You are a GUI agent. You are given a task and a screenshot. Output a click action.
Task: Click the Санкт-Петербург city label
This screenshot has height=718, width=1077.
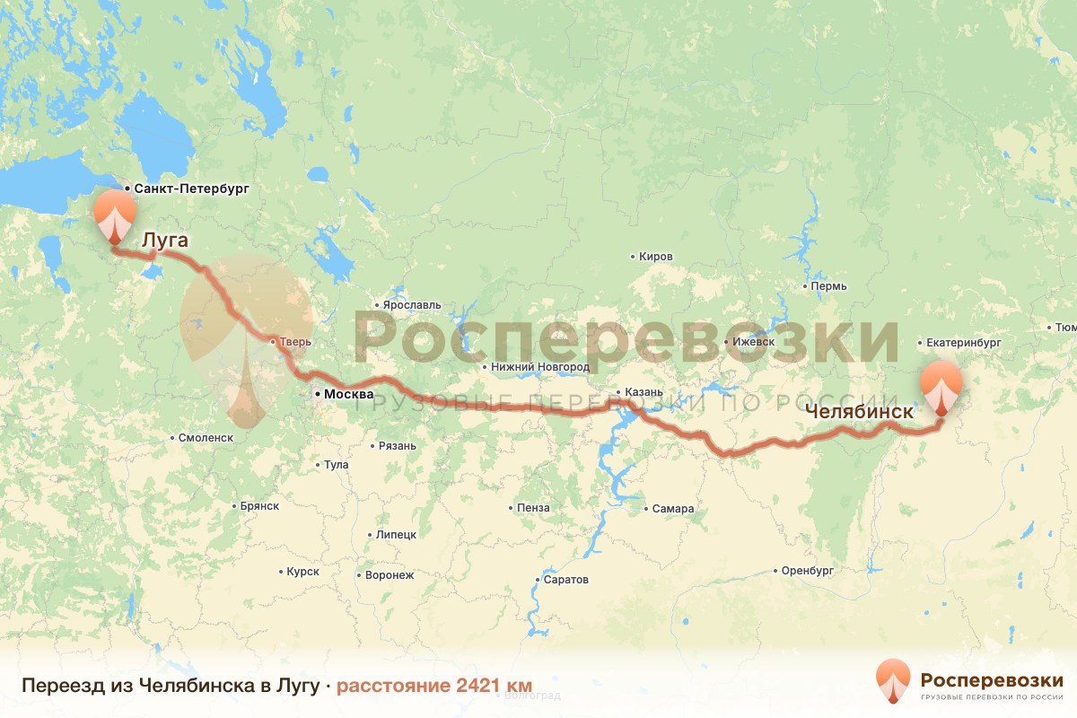[x=191, y=188]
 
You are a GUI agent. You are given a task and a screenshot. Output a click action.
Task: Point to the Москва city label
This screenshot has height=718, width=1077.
[x=343, y=394]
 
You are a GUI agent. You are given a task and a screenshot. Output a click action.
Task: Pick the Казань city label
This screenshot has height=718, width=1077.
[x=644, y=392]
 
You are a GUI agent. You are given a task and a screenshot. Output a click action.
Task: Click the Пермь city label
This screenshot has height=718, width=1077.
[x=828, y=286]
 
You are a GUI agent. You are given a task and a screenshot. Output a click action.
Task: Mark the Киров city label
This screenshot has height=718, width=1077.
[x=656, y=256]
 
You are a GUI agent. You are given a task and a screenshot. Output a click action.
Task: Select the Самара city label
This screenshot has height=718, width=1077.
[x=673, y=509]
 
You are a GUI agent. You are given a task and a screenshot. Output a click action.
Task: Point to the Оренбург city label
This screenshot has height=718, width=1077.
[x=808, y=570]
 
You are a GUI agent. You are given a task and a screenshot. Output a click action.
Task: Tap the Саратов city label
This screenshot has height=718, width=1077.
[x=565, y=579]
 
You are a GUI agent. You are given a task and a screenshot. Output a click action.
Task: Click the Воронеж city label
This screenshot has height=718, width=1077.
[x=390, y=575]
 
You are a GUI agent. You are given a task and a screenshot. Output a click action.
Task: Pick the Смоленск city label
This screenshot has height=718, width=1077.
[x=206, y=437]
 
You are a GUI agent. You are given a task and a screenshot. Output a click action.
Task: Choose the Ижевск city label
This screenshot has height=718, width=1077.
[x=753, y=342]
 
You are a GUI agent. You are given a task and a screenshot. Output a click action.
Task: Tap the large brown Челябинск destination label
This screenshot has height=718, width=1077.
[x=859, y=412]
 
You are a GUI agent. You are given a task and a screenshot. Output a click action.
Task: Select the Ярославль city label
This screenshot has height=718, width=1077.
[x=412, y=305]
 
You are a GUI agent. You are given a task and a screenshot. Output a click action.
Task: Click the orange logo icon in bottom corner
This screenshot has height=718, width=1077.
[x=893, y=680]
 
